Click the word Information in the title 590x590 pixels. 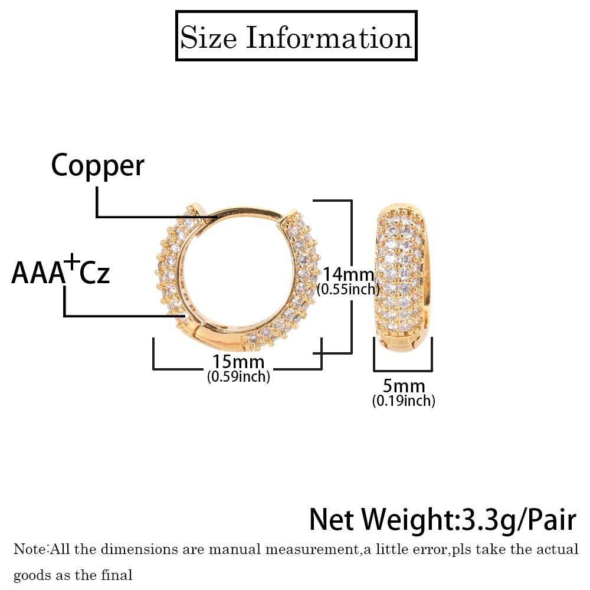[x=329, y=38]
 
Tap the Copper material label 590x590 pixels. [x=97, y=165]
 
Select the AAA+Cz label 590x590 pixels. [x=60, y=274]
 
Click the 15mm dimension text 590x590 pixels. [x=238, y=362]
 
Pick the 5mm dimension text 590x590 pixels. [x=404, y=386]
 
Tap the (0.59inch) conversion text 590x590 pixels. [x=238, y=376]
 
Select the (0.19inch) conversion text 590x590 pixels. [x=404, y=401]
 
